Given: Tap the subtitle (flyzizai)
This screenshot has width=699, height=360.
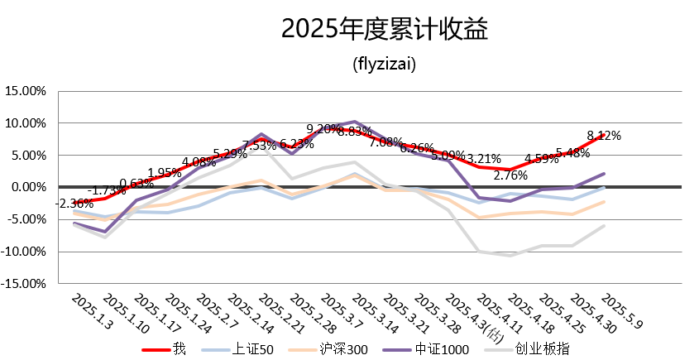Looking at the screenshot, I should [384, 63].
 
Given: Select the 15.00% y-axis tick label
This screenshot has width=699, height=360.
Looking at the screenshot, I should [26, 92].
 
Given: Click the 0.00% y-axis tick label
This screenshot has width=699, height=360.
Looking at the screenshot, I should [29, 187].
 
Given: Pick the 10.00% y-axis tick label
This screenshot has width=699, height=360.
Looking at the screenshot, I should [26, 123].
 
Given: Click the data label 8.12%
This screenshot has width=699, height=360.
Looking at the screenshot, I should [604, 136].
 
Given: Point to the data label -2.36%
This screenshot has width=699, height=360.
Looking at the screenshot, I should [74, 204].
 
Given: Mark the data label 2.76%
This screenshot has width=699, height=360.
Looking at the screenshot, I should [510, 175].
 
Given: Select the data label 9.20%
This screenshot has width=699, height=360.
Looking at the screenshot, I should [323, 129].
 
